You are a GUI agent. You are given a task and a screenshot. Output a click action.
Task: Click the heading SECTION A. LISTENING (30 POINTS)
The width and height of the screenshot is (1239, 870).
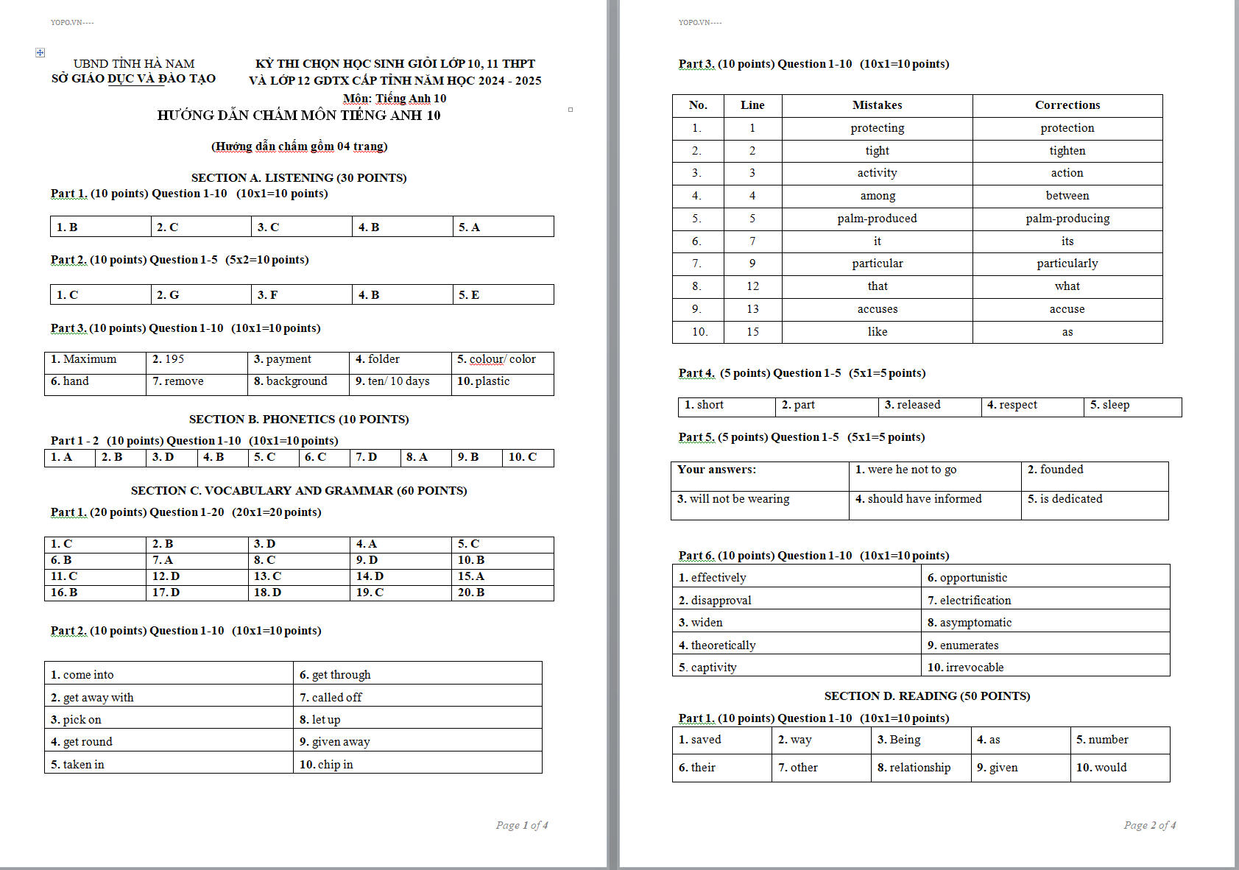click(x=298, y=177)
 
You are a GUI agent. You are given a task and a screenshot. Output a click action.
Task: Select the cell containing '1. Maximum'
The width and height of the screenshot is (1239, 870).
click(x=83, y=359)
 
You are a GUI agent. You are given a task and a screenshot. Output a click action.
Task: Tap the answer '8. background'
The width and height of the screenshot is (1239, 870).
click(x=290, y=381)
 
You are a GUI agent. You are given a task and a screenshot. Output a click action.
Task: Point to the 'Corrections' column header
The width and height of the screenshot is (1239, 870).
click(x=1067, y=105)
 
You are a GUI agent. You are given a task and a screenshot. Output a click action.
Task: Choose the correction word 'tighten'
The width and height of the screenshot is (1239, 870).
click(x=1067, y=151)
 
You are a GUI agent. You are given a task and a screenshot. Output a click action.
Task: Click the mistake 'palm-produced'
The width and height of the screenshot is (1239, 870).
click(x=877, y=219)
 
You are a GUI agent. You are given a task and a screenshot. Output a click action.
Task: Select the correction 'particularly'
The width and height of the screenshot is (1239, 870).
click(x=1067, y=264)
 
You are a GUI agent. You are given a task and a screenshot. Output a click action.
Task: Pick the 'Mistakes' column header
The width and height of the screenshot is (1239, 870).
click(x=877, y=105)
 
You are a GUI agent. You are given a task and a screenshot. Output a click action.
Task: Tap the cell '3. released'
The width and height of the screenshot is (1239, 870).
click(x=912, y=405)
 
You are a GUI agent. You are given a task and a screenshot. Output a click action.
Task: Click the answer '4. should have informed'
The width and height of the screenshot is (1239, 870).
click(x=918, y=499)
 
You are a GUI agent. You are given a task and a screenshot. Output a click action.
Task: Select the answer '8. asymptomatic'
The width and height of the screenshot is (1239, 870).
click(x=969, y=623)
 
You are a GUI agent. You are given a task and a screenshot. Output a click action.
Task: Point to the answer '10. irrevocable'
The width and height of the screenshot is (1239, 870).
click(x=965, y=668)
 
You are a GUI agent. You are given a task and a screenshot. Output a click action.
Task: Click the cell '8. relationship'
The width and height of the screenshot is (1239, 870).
click(x=914, y=768)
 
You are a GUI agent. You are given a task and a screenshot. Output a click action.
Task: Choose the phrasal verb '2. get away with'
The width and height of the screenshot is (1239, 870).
click(x=92, y=698)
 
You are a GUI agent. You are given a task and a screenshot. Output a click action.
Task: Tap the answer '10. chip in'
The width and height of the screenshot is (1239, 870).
click(x=326, y=765)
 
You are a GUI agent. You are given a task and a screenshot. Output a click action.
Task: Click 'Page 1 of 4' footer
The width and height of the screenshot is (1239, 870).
click(x=521, y=825)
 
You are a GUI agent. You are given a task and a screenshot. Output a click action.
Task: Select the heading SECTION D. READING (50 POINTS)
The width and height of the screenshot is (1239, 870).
click(x=927, y=696)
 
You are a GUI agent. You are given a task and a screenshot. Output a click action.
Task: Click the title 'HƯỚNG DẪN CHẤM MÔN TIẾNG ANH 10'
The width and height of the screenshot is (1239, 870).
click(x=298, y=116)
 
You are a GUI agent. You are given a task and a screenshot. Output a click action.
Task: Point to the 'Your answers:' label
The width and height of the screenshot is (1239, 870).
click(x=716, y=470)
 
